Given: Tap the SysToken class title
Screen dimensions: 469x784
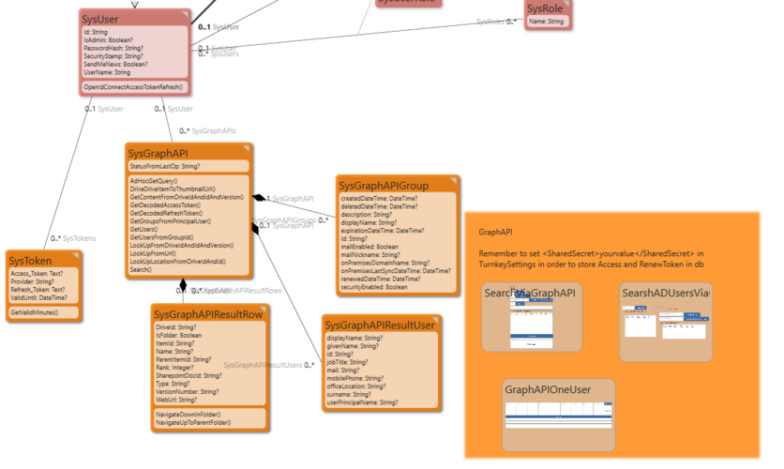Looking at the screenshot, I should point(31,260).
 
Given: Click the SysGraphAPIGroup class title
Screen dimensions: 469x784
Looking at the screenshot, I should point(384,186).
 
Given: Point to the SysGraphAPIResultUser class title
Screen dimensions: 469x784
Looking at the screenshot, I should point(379,325).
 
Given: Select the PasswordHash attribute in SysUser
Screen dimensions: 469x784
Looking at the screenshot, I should point(113,47).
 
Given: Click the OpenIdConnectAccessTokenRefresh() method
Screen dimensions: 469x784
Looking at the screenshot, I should point(134,86).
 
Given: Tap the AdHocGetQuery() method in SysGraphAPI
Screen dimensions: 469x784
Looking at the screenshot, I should point(154,180).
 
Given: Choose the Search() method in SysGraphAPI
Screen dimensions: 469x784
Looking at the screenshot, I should point(141,270).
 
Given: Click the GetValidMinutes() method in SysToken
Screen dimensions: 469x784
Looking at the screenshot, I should point(34,311).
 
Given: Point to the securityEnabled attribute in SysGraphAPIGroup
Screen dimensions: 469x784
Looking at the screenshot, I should point(375,287).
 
